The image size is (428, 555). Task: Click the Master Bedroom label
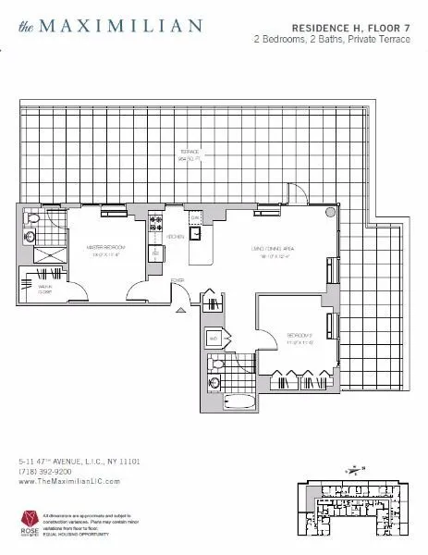(105, 249)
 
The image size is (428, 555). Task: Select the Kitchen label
(176, 237)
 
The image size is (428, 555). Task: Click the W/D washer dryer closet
(214, 339)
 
